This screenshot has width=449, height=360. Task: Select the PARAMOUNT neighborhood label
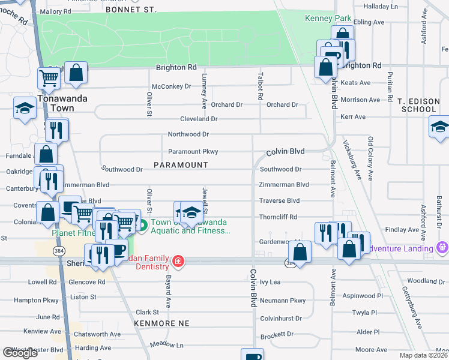click(181, 165)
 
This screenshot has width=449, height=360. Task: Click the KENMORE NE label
click(162, 323)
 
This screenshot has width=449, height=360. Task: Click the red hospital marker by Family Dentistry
click(178, 261)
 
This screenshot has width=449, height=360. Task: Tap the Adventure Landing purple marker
click(443, 247)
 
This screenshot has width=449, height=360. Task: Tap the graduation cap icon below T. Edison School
click(439, 127)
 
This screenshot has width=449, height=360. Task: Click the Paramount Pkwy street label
click(193, 152)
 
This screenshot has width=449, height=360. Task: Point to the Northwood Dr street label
click(188, 134)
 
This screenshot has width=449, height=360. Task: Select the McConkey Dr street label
click(171, 86)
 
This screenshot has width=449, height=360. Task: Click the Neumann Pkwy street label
click(283, 301)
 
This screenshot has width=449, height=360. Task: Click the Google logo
click(20, 352)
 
